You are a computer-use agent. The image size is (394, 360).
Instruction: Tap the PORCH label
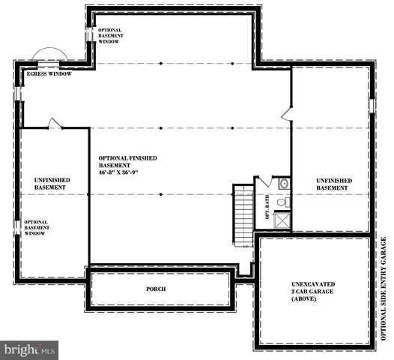click(x=156, y=289)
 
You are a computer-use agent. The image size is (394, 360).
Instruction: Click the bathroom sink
click(x=284, y=184)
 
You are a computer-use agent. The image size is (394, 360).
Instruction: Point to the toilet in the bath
click(x=282, y=201)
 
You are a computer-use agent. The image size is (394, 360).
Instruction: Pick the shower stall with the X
click(x=282, y=220)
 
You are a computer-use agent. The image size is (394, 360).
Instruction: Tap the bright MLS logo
click(x=30, y=349)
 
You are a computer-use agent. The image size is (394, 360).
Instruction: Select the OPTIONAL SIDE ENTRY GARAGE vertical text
click(x=384, y=289)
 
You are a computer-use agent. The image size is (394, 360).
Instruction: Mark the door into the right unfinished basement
click(x=286, y=113)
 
